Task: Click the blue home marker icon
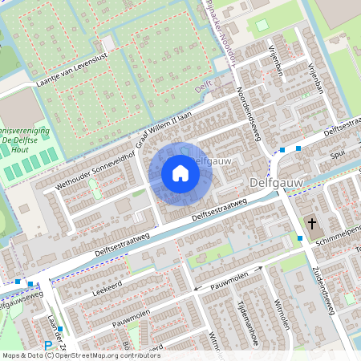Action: (180, 173)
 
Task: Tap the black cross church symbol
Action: (312, 223)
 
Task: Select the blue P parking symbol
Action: (48, 347)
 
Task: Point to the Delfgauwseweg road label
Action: (18, 304)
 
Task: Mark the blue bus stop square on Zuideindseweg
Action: (300, 237)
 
